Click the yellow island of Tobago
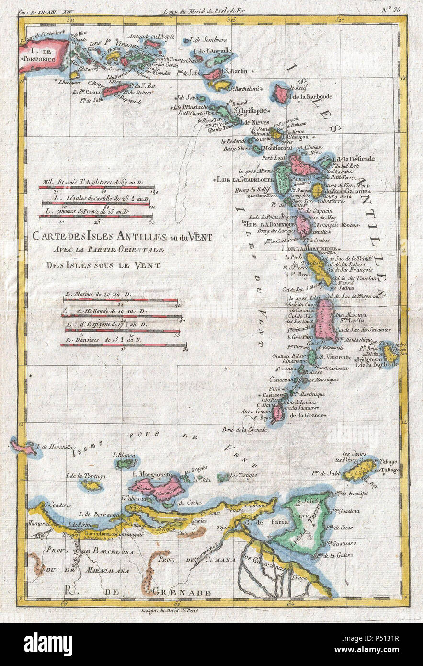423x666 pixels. (360, 470)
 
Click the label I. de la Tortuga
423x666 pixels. (87, 476)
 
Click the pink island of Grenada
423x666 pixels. (277, 413)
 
